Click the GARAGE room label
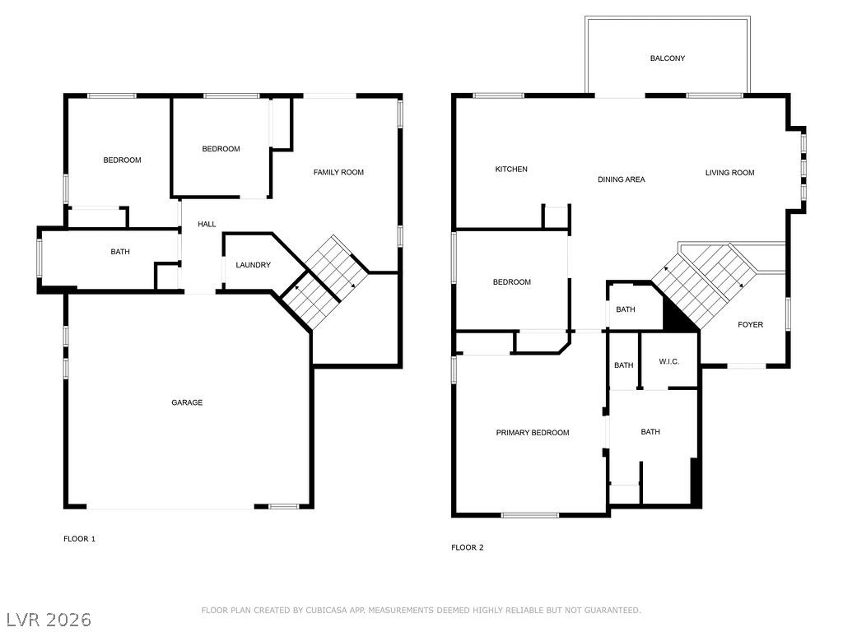tap(187, 402)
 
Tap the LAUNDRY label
tap(254, 265)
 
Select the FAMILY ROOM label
tap(338, 173)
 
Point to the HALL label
tap(207, 224)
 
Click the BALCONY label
tap(667, 58)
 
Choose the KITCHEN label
tap(511, 170)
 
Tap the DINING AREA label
tap(622, 179)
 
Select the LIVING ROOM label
tap(729, 173)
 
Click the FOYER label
tap(751, 324)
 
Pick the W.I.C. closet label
tap(668, 362)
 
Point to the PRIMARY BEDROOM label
tap(533, 433)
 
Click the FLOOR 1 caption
tap(80, 539)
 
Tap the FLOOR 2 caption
tap(468, 547)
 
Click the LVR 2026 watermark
tap(49, 620)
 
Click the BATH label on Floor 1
tap(120, 252)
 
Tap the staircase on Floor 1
tap(325, 281)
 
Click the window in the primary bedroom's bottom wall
tap(529, 515)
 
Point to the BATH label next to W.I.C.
tap(624, 365)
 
